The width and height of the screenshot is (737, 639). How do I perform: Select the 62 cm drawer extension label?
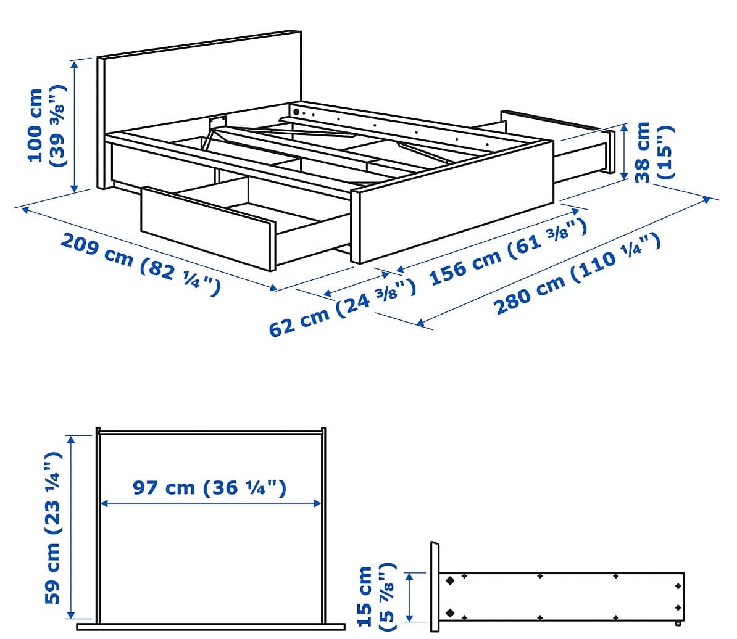pyautogui.click(x=342, y=308)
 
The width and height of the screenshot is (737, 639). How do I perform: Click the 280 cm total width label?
pyautogui.click(x=578, y=274)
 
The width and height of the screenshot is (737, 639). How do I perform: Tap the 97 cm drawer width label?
pyautogui.click(x=210, y=487)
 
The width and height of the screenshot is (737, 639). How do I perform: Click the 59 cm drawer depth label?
pyautogui.click(x=52, y=527)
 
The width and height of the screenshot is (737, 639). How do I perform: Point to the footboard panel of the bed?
pyautogui.click(x=452, y=202)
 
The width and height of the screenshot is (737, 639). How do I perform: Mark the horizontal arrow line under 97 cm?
pyautogui.click(x=210, y=503)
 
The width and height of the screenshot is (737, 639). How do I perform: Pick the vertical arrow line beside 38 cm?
pyautogui.click(x=624, y=152)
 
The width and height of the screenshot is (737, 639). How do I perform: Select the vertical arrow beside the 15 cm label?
pyautogui.click(x=410, y=597)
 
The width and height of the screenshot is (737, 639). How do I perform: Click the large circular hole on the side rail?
pyautogui.click(x=296, y=112)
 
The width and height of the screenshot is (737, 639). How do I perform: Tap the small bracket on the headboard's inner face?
pyautogui.click(x=217, y=122)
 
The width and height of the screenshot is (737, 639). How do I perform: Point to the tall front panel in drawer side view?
pyautogui.click(x=435, y=587)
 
